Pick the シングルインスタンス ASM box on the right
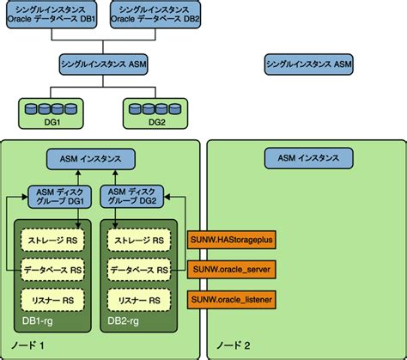pyautogui.click(x=307, y=64)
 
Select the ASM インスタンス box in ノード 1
pyautogui.click(x=90, y=159)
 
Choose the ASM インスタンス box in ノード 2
pyautogui.click(x=307, y=159)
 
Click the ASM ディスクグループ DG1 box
pyautogui.click(x=58, y=196)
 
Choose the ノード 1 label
pyautogui.click(x=28, y=345)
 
